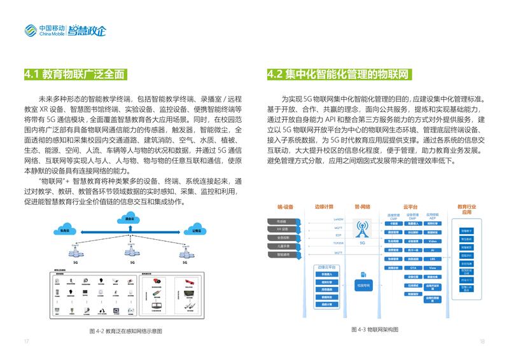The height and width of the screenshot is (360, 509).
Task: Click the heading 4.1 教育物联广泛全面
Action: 74,74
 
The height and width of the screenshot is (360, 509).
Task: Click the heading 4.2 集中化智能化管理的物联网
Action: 337,74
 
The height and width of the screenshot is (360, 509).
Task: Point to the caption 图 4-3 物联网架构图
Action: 375,329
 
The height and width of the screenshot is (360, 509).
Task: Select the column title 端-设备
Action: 284,207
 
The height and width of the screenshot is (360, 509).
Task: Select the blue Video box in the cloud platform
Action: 432,242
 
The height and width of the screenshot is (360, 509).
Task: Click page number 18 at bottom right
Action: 482,342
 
